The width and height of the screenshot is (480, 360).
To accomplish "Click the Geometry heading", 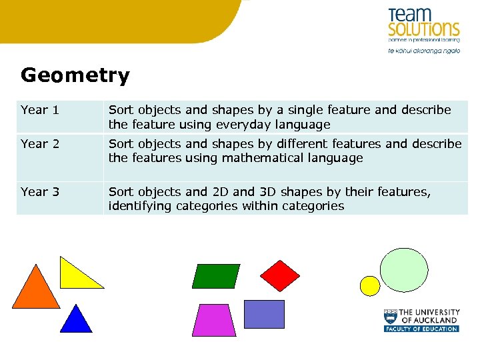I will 75,75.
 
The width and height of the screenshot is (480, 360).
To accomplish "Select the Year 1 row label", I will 40,110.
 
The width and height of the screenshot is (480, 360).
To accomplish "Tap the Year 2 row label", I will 40,144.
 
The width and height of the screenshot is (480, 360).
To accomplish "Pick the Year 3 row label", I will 40,192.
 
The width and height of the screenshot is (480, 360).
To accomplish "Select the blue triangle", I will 76,320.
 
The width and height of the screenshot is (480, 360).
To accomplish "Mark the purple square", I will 264,314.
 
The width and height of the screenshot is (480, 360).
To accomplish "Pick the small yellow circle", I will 369,286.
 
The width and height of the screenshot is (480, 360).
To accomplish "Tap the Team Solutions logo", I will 424,25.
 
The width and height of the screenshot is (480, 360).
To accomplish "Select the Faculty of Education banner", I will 421,329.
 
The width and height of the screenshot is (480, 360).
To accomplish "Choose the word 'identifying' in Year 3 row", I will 139,206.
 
